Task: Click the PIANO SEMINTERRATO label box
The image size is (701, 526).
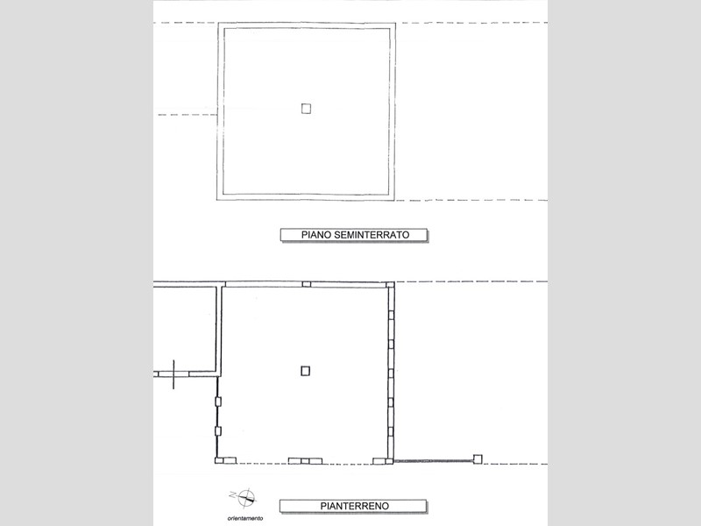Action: (354, 235)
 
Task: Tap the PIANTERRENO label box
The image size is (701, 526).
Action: (354, 506)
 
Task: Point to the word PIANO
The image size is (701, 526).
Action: (316, 235)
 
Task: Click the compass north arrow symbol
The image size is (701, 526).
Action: (246, 498)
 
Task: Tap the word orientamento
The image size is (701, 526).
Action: (245, 518)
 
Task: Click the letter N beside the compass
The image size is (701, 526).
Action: (232, 494)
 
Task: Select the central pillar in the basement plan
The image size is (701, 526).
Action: (306, 109)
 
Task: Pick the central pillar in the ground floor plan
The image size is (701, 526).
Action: (305, 371)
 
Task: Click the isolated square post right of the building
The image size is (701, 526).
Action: (478, 458)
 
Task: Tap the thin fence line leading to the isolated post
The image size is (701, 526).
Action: (434, 460)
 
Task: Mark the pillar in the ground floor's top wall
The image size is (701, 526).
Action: (306, 284)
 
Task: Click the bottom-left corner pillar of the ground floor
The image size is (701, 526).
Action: (219, 460)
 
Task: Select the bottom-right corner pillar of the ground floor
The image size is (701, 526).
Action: (389, 461)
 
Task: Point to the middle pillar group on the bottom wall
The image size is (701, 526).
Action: (305, 461)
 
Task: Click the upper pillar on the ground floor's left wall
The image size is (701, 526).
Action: (218, 402)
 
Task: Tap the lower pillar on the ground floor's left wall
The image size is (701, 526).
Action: (218, 431)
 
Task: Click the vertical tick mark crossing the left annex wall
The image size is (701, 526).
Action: (173, 374)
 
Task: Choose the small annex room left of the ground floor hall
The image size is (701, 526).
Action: (185, 329)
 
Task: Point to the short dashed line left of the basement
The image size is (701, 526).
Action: (188, 115)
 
